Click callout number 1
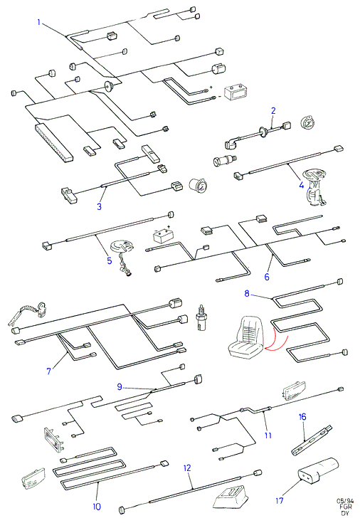tap(39, 22)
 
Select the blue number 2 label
tap(273, 111)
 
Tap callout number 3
tap(99, 206)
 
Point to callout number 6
tap(267, 277)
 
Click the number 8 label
tap(247, 293)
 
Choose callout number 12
tap(187, 468)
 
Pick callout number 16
tap(302, 417)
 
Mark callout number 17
tap(280, 500)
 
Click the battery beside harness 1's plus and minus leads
tap(235, 92)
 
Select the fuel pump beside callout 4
tap(314, 188)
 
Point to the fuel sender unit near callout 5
tap(122, 258)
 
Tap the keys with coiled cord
tap(28, 314)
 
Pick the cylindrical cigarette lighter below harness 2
tap(225, 161)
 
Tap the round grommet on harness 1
tap(108, 87)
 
